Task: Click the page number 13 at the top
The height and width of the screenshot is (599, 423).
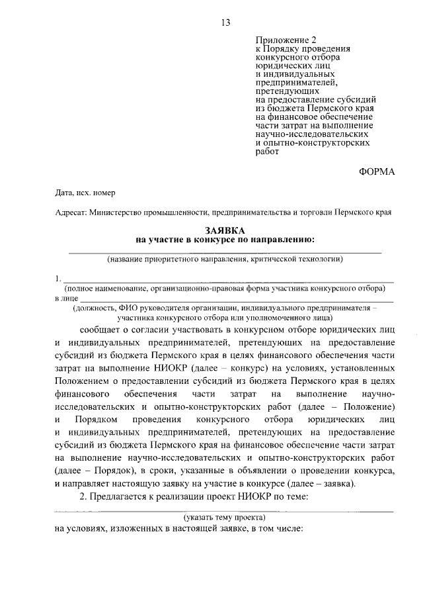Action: tap(225, 23)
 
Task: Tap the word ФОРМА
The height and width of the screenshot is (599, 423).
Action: tap(376, 171)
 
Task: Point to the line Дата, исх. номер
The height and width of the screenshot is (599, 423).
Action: tap(85, 193)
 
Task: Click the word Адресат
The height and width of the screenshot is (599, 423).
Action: tap(70, 212)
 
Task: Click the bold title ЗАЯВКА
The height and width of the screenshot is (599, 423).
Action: tap(225, 229)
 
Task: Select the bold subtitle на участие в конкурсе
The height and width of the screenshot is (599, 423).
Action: tap(225, 239)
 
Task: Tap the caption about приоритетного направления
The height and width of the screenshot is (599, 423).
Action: tap(225, 259)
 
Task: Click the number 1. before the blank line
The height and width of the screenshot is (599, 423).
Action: tap(59, 279)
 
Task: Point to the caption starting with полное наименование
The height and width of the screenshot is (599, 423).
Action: tap(225, 289)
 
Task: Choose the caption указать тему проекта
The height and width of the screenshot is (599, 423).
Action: tap(225, 516)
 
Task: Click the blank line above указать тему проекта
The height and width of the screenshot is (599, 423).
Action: tap(225, 510)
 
